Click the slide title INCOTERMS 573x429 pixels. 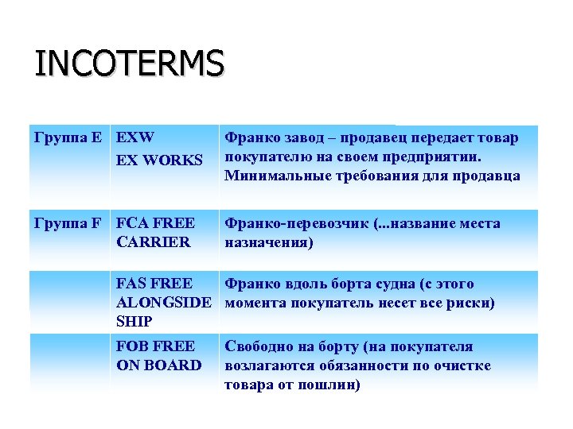point(129,64)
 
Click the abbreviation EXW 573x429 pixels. point(135,137)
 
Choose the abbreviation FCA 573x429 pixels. point(132,223)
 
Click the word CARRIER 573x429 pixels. point(154,242)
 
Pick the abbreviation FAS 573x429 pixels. point(132,284)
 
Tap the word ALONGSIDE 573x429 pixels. point(164,303)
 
